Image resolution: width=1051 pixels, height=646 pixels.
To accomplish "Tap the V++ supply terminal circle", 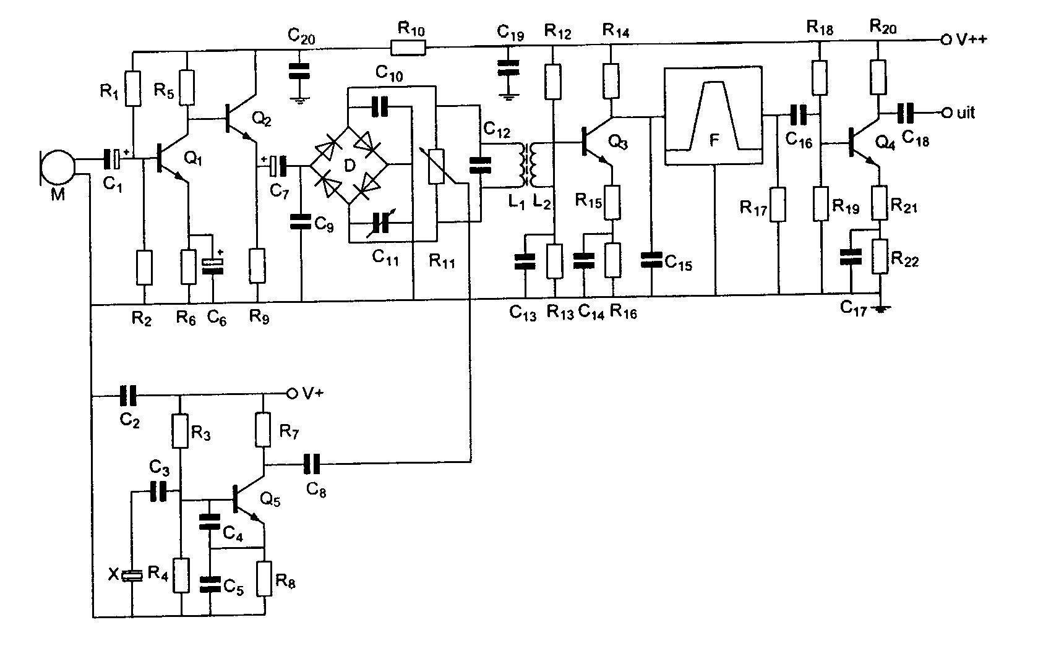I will pyautogui.click(x=945, y=40).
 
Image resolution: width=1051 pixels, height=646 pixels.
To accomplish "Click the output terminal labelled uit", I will pyautogui.click(x=945, y=113).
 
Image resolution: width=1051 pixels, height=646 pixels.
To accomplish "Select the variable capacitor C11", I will pyautogui.click(x=381, y=223).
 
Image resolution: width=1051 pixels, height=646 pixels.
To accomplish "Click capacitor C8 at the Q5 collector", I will pyautogui.click(x=312, y=462).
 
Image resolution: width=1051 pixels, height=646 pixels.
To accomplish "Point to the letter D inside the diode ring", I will pyautogui.click(x=349, y=166).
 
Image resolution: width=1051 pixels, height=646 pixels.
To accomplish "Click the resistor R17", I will pyautogui.click(x=778, y=205).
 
